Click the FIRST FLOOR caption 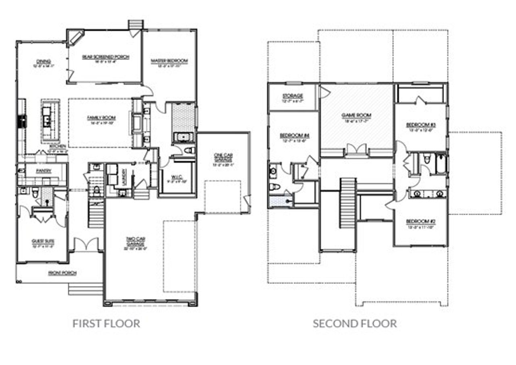pyautogui.click(x=106, y=323)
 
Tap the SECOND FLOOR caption pyautogui.click(x=355, y=323)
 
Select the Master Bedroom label pyautogui.click(x=169, y=61)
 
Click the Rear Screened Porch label pyautogui.click(x=106, y=57)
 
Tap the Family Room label pyautogui.click(x=101, y=118)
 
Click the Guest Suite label pyautogui.click(x=43, y=241)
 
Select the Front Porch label pyautogui.click(x=62, y=273)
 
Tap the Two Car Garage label pyautogui.click(x=135, y=242)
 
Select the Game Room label pyautogui.click(x=356, y=115)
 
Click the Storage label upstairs pyautogui.click(x=293, y=96)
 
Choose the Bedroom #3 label pyautogui.click(x=420, y=125)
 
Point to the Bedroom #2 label pyautogui.click(x=420, y=222)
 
